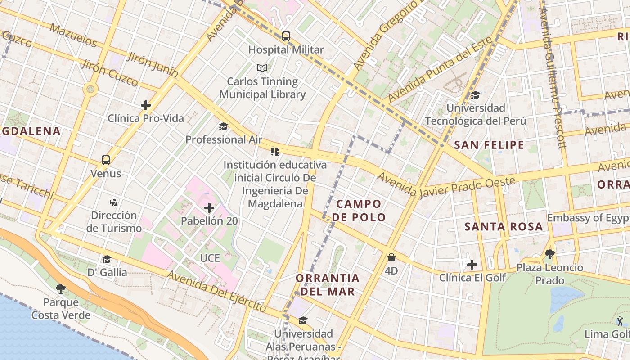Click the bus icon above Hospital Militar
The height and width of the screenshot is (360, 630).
point(286,36)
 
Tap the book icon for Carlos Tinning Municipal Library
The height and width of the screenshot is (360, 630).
point(262,68)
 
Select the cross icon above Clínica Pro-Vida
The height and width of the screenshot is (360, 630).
point(145,105)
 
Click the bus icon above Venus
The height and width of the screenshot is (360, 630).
point(106,160)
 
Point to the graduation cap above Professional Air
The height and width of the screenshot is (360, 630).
point(223,126)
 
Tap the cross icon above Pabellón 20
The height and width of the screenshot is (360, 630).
point(209,208)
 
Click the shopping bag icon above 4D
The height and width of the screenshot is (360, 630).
point(391,257)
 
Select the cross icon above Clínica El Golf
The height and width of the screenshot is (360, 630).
point(472,265)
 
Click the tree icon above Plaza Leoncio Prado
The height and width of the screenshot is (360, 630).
point(549,254)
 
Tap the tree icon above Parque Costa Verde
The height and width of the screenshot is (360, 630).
point(61,288)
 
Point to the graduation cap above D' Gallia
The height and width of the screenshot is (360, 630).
point(107,259)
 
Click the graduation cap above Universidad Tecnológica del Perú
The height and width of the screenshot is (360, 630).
point(475,95)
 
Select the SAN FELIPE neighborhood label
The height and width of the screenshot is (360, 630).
point(489,145)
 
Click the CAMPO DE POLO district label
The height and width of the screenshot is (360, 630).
point(359,211)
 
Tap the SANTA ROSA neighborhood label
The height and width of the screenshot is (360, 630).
point(504,226)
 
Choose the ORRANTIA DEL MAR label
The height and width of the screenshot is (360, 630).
point(328,284)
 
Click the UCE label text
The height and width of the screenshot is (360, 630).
point(210,258)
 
